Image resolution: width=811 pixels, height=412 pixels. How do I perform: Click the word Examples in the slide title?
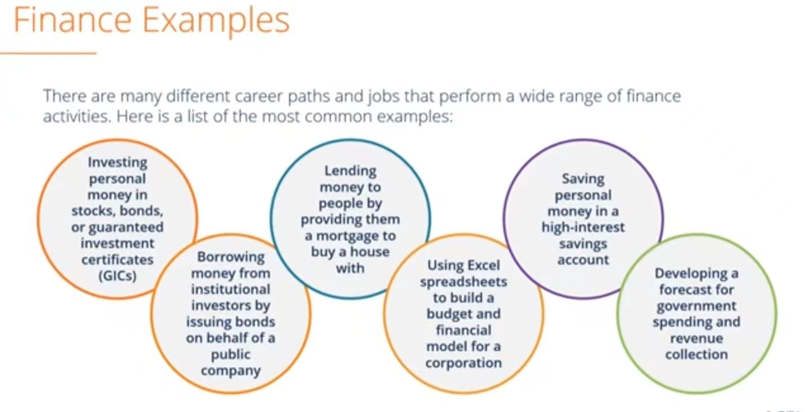click(x=216, y=22)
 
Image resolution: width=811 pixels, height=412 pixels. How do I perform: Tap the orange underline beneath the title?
click(x=48, y=53)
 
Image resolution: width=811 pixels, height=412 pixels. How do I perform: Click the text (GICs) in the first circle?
click(x=117, y=276)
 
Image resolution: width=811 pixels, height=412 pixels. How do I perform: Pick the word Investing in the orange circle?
click(x=117, y=162)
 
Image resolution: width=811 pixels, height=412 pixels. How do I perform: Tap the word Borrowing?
click(x=231, y=257)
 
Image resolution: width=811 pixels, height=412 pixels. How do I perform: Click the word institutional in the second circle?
click(x=231, y=289)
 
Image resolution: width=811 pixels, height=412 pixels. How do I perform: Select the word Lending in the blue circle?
click(x=350, y=171)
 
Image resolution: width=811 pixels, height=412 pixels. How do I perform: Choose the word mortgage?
click(x=356, y=236)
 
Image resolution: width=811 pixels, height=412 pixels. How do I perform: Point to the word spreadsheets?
click(x=463, y=282)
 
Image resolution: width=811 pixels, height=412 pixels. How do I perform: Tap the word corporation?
click(x=463, y=363)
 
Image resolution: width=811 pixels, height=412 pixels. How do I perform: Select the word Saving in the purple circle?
click(x=583, y=179)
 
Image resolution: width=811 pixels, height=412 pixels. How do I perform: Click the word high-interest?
click(x=583, y=228)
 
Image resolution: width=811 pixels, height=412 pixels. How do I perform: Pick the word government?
click(x=696, y=306)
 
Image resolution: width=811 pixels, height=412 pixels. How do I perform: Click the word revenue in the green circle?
click(x=696, y=338)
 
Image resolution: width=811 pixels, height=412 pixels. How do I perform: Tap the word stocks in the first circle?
click(x=94, y=210)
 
